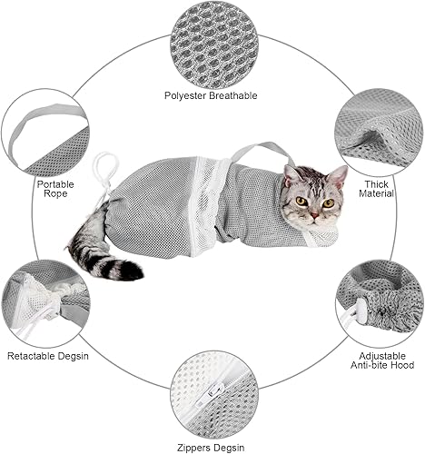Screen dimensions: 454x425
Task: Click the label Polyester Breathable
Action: click(x=211, y=95)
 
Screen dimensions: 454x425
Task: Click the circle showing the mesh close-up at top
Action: click(x=212, y=42)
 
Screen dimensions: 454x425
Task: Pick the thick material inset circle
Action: click(x=378, y=127)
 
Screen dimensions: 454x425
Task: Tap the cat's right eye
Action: click(x=301, y=201)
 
